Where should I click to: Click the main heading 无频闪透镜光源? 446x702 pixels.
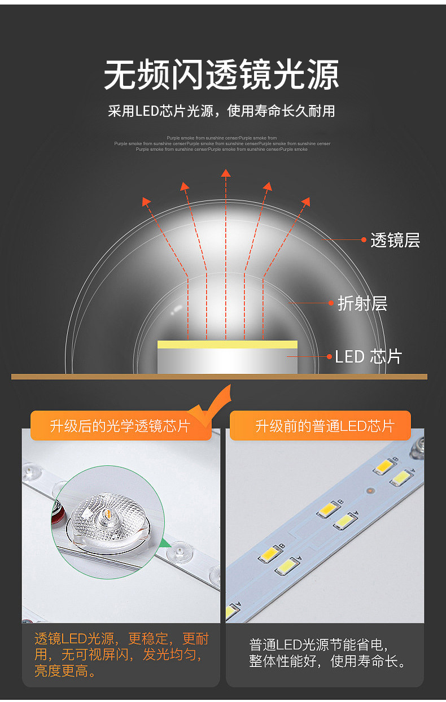[222, 76]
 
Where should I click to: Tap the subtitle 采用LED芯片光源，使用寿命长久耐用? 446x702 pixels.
[222, 111]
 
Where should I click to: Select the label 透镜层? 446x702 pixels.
[395, 241]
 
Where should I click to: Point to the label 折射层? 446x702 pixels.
[362, 303]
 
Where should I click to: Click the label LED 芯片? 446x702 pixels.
[368, 357]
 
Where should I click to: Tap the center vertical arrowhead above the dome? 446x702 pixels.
[226, 173]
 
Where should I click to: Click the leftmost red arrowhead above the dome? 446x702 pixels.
[146, 201]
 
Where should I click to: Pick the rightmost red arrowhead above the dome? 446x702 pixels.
[306, 201]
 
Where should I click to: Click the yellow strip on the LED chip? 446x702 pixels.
[227, 345]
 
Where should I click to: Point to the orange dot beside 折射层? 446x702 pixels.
[331, 303]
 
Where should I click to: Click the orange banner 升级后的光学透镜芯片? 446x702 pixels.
[120, 426]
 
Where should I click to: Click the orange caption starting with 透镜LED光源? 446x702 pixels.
[121, 655]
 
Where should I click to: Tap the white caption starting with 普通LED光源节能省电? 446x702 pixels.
[327, 653]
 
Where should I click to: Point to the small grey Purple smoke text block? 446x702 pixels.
[222, 143]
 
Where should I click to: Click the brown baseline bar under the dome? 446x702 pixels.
[219, 377]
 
